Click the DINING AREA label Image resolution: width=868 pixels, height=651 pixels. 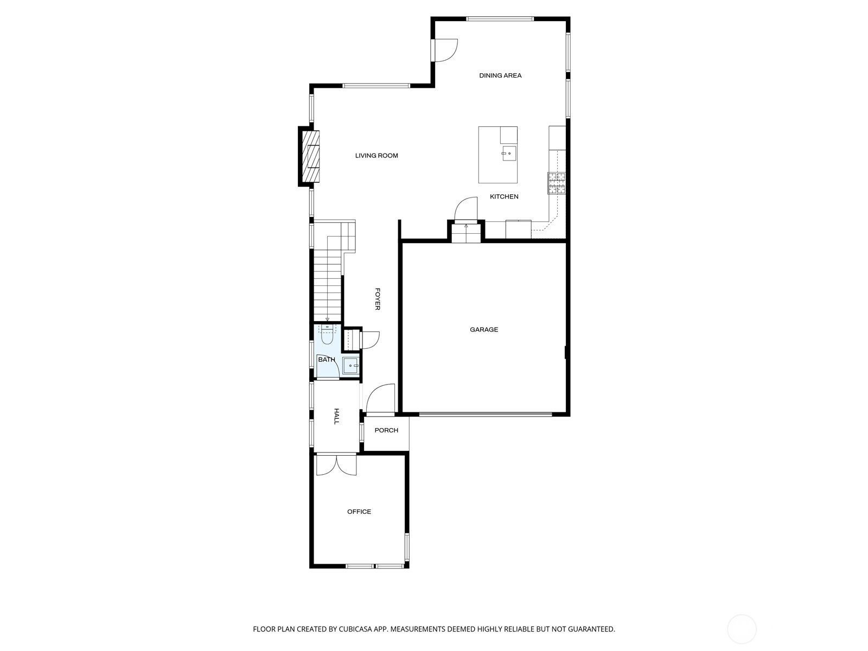500,75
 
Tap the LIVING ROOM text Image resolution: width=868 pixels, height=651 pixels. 376,156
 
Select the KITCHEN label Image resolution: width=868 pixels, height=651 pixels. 504,196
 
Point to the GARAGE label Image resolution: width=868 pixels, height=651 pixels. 483,329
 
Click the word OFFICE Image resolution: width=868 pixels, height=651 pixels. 359,512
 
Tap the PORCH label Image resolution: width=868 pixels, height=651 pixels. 386,430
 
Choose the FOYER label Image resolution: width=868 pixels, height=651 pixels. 377,299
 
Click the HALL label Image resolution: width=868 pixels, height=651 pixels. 336,416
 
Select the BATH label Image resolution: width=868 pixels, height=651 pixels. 327,360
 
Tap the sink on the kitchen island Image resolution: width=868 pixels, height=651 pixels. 509,154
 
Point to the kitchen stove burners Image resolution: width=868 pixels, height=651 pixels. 557,183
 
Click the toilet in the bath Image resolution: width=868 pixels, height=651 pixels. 327,334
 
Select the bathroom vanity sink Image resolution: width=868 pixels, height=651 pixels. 350,366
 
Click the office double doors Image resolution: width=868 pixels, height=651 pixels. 336,465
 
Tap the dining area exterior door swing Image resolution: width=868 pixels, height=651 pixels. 446,50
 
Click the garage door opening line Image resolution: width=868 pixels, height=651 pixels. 485,414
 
